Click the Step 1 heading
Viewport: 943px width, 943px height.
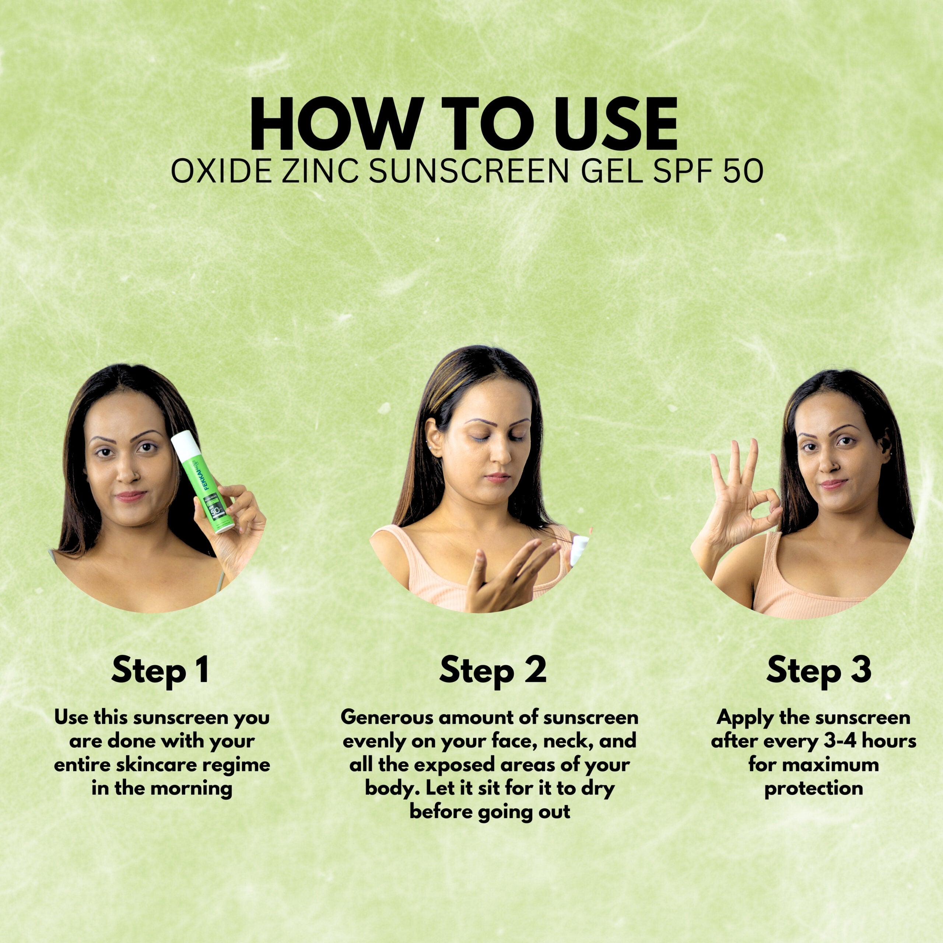click(161, 670)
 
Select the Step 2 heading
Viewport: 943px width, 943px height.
click(492, 670)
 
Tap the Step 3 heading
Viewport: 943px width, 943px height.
click(818, 670)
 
